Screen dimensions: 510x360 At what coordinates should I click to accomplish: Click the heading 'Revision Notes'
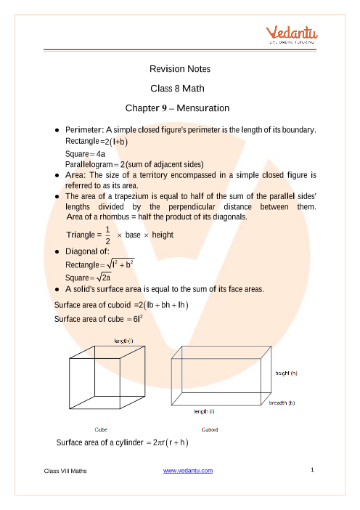tap(179, 69)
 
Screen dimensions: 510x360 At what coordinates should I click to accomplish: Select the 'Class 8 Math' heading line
tap(179, 88)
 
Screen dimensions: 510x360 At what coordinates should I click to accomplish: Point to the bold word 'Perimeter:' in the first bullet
tap(85, 129)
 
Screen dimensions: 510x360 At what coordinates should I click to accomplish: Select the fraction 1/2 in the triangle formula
tap(107, 235)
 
